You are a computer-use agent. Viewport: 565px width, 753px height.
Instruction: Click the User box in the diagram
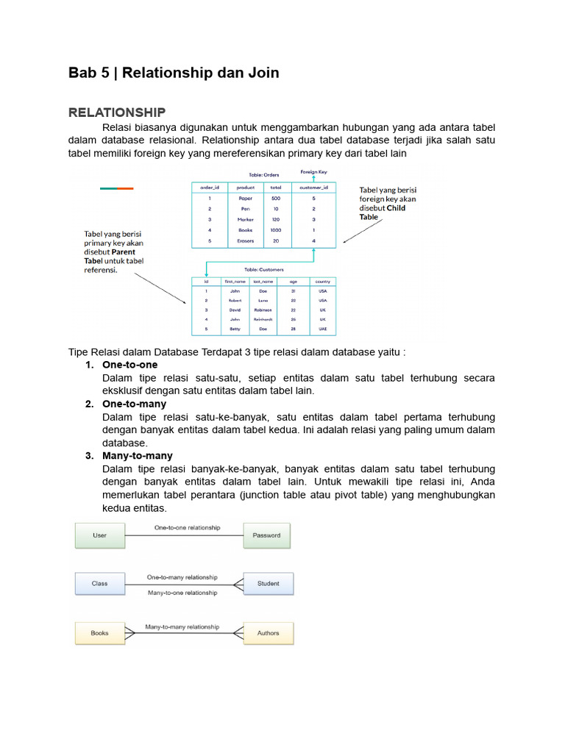pos(99,535)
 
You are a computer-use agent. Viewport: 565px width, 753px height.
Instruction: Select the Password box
pos(266,535)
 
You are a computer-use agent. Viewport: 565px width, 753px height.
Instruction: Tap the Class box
pos(99,584)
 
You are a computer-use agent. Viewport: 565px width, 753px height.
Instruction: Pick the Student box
pos(268,584)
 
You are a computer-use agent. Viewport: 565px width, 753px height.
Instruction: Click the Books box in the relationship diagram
pos(99,633)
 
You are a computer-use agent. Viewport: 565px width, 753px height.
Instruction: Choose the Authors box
pos(268,633)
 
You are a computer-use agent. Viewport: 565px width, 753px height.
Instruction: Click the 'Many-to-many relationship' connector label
pos(182,627)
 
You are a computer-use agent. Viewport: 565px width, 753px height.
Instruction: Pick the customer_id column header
pos(313,188)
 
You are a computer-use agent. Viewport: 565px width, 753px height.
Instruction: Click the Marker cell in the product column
pos(246,220)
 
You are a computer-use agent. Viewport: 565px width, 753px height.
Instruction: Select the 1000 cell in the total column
pos(276,230)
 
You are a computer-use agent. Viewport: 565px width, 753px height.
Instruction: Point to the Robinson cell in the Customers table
pos(263,310)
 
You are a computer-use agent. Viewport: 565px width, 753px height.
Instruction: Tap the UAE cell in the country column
pos(322,329)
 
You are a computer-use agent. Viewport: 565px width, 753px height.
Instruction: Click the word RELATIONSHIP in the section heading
pos(117,113)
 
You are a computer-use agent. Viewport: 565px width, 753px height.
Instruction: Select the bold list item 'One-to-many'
pos(134,404)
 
